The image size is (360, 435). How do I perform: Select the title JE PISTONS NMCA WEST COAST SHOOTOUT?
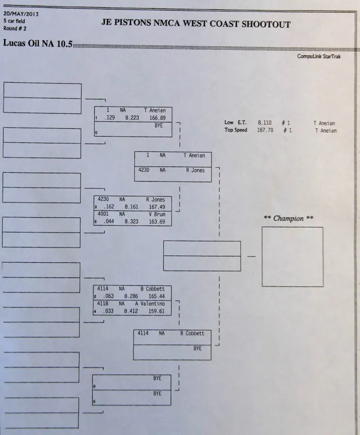196,24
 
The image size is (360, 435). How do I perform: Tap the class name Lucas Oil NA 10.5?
38,42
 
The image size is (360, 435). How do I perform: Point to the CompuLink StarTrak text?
319,57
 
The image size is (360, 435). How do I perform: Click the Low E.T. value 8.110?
264,123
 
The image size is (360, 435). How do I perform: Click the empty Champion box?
292,256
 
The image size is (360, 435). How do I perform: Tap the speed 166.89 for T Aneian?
157,118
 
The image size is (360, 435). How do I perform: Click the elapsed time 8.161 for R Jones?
132,207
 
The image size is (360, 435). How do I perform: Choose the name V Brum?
156,214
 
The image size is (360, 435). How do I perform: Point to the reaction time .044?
109,222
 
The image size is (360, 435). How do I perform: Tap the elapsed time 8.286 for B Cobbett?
132,296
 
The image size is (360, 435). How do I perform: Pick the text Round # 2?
15,28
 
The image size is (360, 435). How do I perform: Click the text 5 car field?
14,21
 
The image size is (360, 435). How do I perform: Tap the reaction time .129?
109,118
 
